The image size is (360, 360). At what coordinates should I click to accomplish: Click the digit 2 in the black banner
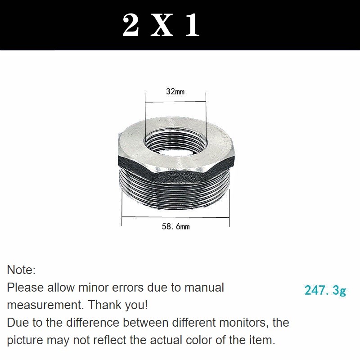131,25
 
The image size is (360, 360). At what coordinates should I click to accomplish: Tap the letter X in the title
162,25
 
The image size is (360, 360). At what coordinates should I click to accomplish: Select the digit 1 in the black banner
193,25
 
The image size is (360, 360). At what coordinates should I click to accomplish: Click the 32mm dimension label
175,92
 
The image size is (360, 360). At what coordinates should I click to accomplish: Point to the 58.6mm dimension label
175,227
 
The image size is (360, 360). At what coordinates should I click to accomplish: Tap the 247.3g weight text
325,291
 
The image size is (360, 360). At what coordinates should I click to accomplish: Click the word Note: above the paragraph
21,270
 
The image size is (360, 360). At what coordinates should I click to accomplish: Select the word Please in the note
25,288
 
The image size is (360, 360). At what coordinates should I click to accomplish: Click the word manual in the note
204,288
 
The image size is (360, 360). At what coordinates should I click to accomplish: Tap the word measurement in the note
45,305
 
